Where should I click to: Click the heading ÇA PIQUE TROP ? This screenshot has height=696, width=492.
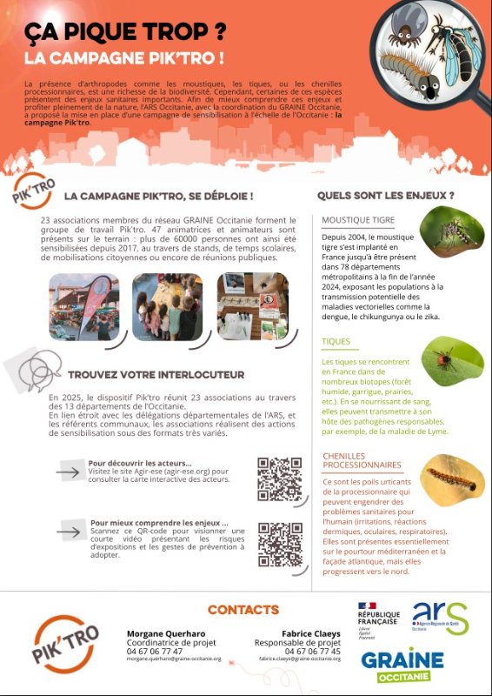click(125, 33)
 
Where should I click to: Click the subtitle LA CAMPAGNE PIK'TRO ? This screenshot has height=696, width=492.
click(124, 59)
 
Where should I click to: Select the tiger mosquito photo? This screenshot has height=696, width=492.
click(451, 236)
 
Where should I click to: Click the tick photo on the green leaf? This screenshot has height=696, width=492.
click(452, 360)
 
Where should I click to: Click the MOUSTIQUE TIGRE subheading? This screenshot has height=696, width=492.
click(358, 220)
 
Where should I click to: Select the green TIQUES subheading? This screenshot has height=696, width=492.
click(336, 342)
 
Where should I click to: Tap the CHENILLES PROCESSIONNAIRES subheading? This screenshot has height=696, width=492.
click(362, 460)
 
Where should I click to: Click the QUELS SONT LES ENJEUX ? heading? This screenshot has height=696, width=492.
click(385, 196)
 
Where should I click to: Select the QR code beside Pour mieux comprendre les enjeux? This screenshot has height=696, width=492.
click(279, 544)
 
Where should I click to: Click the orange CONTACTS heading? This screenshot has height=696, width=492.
click(243, 610)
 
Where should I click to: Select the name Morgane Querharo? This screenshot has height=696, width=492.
click(167, 632)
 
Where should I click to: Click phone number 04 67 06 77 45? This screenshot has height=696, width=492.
click(311, 651)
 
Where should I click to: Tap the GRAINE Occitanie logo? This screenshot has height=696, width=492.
click(402, 666)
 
